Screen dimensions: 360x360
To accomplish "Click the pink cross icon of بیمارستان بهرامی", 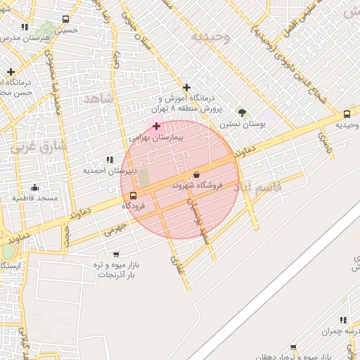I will (x=156, y=126).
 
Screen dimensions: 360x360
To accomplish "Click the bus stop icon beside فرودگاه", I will (x=134, y=196).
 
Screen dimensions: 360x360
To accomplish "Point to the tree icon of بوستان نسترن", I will (x=242, y=112).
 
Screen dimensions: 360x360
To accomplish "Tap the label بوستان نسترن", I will (x=241, y=124).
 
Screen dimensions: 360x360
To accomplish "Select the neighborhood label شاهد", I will (x=98, y=99).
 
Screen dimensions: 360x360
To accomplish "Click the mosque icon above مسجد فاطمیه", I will (x=34, y=188).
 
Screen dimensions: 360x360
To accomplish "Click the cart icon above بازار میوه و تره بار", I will (x=115, y=254).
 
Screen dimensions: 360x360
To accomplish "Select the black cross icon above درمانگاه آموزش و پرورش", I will (x=186, y=88).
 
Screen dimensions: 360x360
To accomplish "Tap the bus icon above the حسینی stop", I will (x=65, y=20).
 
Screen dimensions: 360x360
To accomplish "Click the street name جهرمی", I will (x=116, y=229).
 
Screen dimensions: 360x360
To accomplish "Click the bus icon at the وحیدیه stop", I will (x=347, y=114).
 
